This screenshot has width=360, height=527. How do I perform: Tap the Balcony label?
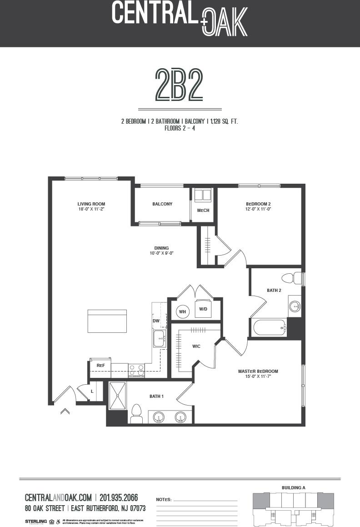162,204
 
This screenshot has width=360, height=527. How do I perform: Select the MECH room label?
203,211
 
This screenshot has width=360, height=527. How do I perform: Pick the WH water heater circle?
183,311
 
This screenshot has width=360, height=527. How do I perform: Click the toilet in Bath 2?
292,278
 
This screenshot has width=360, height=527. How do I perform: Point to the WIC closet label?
196,346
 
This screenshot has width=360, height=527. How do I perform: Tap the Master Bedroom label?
258,371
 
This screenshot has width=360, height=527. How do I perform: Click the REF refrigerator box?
100,365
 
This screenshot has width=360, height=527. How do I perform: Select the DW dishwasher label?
156,321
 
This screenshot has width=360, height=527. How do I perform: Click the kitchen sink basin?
159,339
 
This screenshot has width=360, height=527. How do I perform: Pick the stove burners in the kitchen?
136,370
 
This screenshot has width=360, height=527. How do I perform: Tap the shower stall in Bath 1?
118,396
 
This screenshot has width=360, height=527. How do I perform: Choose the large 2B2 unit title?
179,85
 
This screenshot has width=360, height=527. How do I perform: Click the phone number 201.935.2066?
119,497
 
